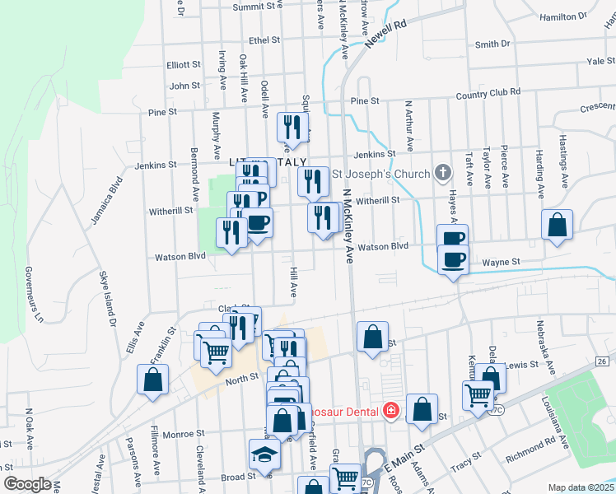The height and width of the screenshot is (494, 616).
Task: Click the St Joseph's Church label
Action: [380, 174]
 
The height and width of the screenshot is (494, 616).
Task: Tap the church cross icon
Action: [443, 174]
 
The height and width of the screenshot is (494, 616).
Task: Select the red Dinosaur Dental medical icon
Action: [391, 411]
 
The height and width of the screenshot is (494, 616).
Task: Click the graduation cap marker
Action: [264, 454]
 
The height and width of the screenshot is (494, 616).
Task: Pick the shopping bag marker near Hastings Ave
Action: [558, 225]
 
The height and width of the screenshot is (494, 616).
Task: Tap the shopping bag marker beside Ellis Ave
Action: [152, 380]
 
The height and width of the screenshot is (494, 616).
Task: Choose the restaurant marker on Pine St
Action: [292, 127]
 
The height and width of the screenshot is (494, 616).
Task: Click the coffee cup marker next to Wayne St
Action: [452, 260]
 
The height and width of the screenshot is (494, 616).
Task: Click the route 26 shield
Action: [602, 361]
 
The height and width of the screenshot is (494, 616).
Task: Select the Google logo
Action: [27, 484]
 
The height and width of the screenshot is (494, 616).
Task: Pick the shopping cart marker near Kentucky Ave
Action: [478, 395]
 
